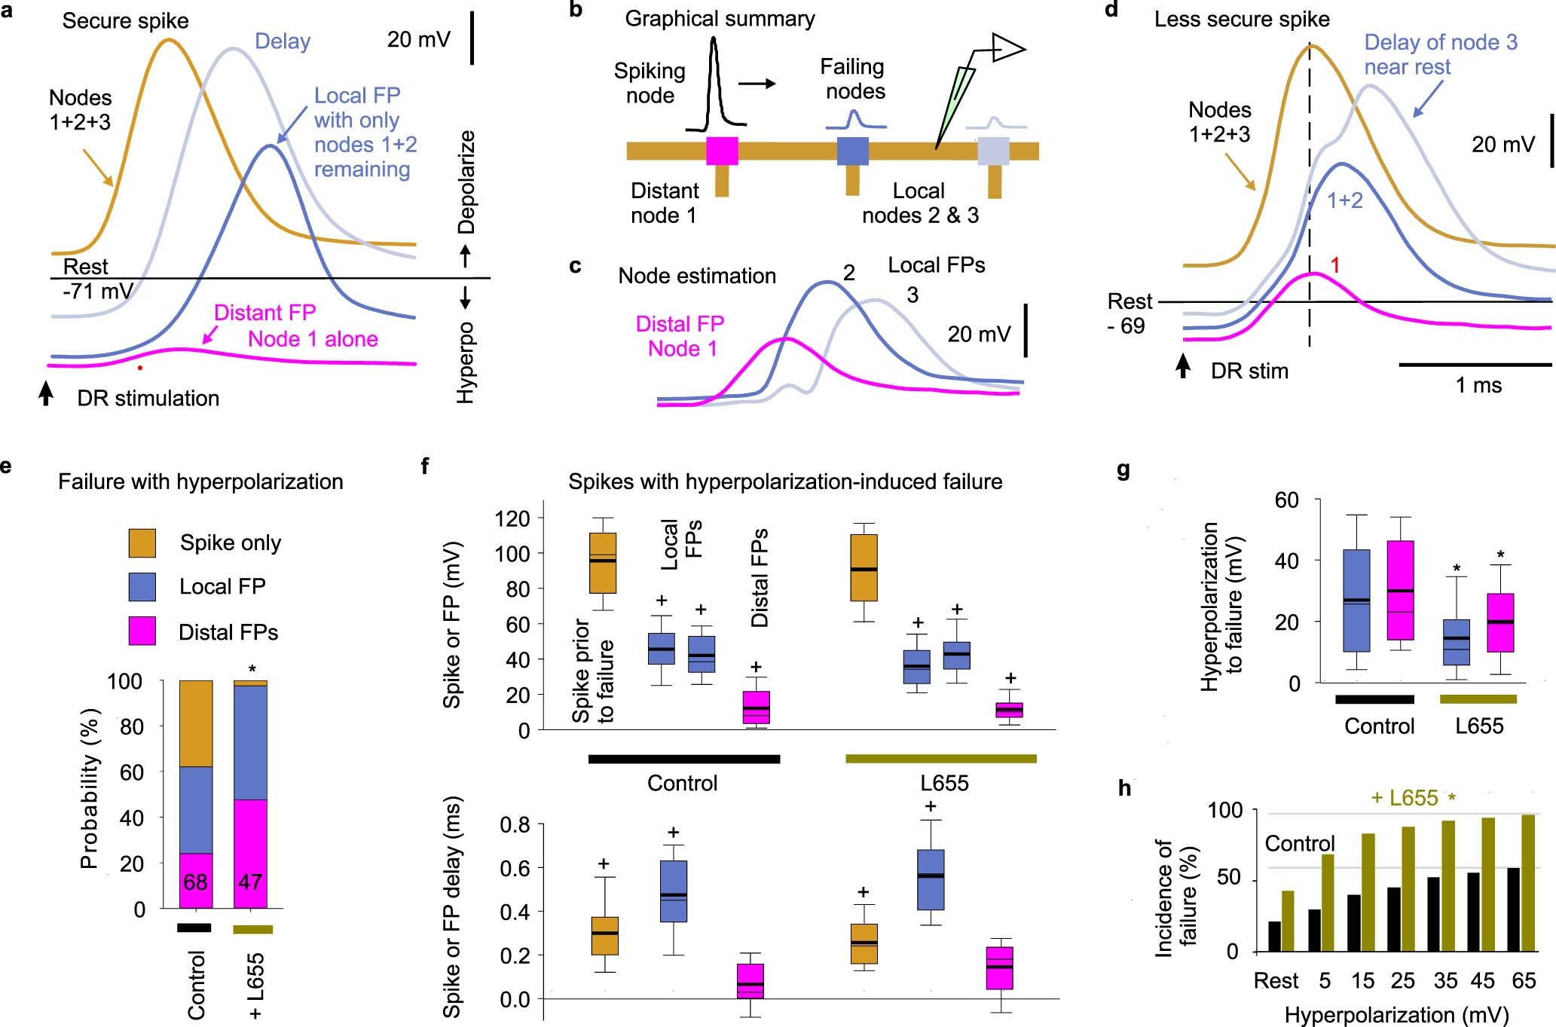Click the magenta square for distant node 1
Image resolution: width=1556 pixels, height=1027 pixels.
coord(722,151)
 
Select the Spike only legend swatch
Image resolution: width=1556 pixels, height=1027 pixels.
coord(142,543)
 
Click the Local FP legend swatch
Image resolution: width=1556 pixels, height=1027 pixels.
coord(142,587)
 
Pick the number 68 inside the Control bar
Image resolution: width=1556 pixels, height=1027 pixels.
coord(195,882)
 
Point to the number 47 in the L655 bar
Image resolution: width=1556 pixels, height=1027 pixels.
coord(250,882)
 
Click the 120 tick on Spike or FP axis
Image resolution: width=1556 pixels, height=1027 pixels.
coord(512,518)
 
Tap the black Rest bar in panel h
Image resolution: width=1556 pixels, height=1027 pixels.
coord(1274,937)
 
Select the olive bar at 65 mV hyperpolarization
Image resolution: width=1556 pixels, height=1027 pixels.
coord(1528,883)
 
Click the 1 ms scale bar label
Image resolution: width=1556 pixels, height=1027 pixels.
coord(1478,386)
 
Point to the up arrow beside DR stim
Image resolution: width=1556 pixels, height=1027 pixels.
coord(1184,366)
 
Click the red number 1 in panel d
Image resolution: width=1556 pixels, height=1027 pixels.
coord(1335,265)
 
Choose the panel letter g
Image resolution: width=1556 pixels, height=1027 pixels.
coord(1123,472)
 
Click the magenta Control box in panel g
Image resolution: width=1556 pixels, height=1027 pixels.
coord(1401,590)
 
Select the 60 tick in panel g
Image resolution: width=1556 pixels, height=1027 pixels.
coord(1286,500)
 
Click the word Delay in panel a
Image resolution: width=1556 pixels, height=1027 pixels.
coord(283,41)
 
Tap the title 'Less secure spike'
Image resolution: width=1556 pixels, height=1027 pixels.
coord(1242,19)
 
